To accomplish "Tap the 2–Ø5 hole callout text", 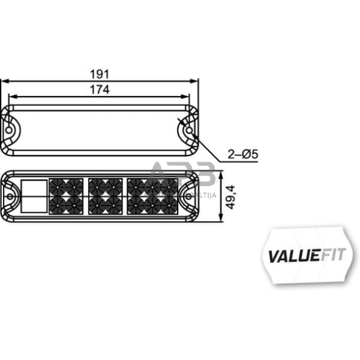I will pyautogui.click(x=241, y=154).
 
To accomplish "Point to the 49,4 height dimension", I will pyautogui.click(x=232, y=198).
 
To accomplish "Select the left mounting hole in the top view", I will pyautogui.click(x=11, y=130).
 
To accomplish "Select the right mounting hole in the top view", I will pyautogui.click(x=189, y=130).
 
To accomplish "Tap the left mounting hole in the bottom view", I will pyautogui.click(x=11, y=197).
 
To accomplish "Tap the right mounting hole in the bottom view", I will pyautogui.click(x=189, y=197).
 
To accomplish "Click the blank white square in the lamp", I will pyautogui.click(x=34, y=197).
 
